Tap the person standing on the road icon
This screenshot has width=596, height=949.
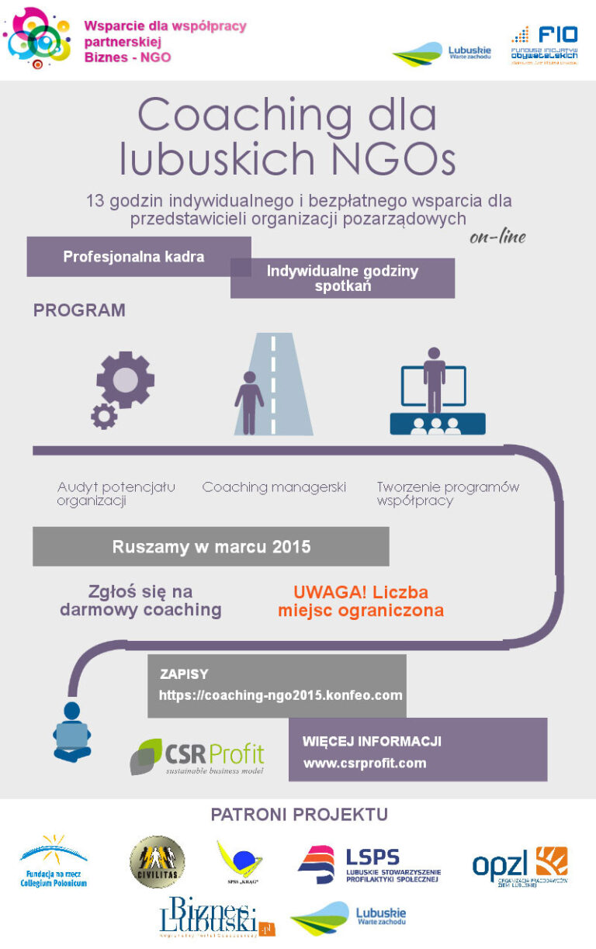(x=249, y=402)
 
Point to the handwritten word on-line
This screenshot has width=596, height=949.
(x=497, y=237)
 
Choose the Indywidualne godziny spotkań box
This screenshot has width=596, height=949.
(x=342, y=279)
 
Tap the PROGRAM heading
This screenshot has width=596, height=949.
(x=79, y=310)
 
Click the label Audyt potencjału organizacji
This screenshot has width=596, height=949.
(x=116, y=494)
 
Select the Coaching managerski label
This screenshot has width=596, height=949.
(x=274, y=487)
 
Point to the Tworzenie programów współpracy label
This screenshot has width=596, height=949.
(x=448, y=494)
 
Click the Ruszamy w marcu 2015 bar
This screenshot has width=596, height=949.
(x=211, y=547)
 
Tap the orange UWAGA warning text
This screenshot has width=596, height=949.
(x=361, y=601)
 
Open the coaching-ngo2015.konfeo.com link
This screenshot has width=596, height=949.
(x=280, y=695)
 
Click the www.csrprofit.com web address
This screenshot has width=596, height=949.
(x=365, y=763)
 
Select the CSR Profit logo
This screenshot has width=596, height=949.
(x=197, y=757)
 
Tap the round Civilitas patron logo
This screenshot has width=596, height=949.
(x=157, y=861)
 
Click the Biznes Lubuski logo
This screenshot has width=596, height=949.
(x=217, y=917)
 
